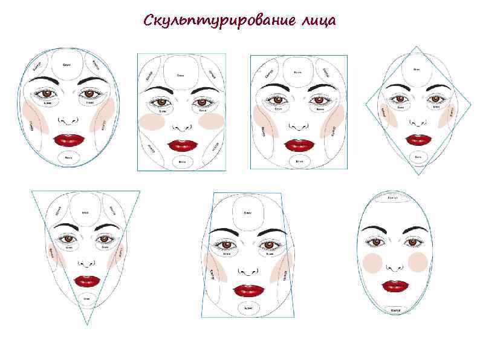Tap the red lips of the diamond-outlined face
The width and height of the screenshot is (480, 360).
click(x=418, y=139)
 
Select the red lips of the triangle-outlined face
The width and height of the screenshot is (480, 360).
click(x=87, y=281)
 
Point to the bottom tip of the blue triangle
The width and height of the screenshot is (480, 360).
click(x=87, y=325)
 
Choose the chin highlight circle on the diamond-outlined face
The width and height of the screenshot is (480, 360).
click(x=418, y=157)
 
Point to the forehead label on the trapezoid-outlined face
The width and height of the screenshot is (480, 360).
click(x=247, y=213)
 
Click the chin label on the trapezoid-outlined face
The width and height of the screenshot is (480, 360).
click(x=248, y=308)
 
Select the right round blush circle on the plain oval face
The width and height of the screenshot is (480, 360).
click(x=418, y=262)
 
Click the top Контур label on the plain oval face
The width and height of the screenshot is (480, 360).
click(x=392, y=198)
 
